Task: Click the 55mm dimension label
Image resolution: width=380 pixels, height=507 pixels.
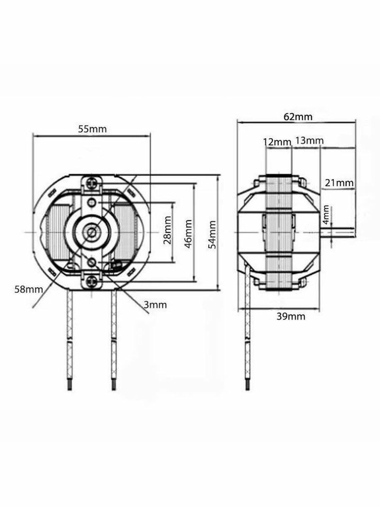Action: coord(92,129)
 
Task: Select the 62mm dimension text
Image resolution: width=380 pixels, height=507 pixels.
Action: coord(298,117)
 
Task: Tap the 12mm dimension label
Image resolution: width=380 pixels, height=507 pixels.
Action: coord(277,142)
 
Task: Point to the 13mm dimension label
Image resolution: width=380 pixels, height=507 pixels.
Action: coord(309,140)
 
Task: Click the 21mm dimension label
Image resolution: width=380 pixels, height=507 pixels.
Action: coord(339,183)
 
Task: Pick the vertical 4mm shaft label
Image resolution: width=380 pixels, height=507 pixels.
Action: coord(326,215)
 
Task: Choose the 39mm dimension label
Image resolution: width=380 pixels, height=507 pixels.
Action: coord(291,316)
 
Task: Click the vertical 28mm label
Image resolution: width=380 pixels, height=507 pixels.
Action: coord(167,230)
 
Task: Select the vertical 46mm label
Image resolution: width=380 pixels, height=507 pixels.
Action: coord(188,234)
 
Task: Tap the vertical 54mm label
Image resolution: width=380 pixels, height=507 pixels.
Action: coord(212,234)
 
